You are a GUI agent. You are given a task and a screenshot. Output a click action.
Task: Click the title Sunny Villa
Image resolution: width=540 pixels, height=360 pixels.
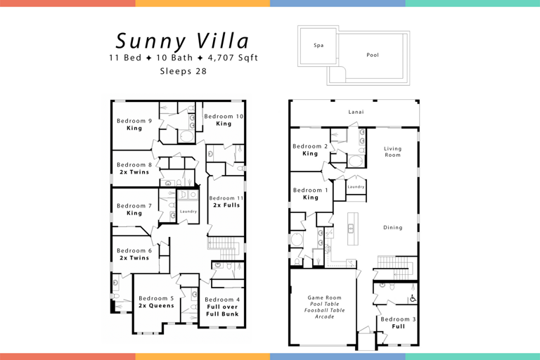[183, 40]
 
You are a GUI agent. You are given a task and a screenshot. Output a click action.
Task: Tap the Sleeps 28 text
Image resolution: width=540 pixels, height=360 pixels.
[183, 71]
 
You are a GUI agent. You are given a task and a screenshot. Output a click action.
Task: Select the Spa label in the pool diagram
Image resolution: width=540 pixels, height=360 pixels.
[319, 46]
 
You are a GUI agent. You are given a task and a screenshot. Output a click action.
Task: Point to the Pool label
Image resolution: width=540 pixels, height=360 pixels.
[373, 55]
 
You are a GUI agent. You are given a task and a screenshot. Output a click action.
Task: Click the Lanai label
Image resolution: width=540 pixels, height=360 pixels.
[356, 112]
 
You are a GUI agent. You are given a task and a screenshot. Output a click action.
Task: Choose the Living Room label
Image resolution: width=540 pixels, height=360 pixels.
[392, 151]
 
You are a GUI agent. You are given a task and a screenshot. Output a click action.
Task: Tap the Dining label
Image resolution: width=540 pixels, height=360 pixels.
[392, 227]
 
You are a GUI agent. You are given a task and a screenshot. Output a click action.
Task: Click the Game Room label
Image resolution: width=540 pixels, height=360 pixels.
[324, 307]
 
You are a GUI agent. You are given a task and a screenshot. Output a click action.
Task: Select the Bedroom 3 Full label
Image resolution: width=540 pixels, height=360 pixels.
[398, 323]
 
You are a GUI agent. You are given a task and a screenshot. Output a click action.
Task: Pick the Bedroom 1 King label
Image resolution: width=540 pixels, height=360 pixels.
[310, 194]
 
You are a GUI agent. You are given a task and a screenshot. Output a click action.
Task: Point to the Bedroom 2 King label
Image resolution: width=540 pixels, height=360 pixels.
[310, 150]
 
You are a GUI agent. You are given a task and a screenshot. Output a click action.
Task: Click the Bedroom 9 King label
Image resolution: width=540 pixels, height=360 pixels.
[134, 124]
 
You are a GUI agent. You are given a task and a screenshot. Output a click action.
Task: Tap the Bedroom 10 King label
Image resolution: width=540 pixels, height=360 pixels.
[224, 120]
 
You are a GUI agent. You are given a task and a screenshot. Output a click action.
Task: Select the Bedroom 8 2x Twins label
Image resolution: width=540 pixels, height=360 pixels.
[134, 169]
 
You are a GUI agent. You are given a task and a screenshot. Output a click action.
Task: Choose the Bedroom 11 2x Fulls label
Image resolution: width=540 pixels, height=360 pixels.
[226, 202]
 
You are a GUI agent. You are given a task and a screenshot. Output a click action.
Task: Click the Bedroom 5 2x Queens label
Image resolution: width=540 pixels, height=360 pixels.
[156, 302]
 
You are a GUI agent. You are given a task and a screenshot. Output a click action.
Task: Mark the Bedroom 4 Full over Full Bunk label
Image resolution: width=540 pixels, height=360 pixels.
[222, 307]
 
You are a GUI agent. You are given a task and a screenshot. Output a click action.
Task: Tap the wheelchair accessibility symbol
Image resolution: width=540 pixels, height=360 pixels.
[413, 299]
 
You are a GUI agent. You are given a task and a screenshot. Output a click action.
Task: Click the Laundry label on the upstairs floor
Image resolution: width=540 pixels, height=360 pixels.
[188, 212]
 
